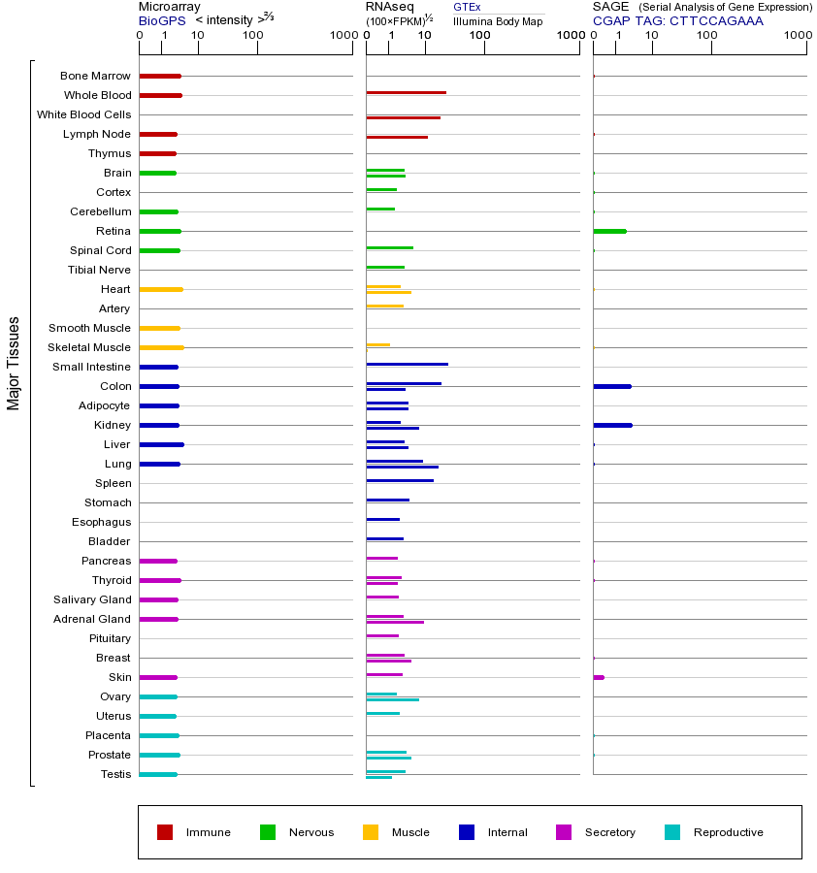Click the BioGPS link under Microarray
pos(162,20)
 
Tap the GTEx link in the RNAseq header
pos(467,7)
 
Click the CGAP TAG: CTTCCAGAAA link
pos(678,20)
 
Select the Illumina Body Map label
pos(498,21)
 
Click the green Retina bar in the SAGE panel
pos(609,231)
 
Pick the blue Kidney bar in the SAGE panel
pos(612,425)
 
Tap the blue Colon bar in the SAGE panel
pos(611,386)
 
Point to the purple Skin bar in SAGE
pos(599,677)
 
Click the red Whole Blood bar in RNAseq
pos(406,92)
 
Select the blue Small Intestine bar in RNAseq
pos(407,364)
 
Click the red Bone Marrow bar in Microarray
pos(160,76)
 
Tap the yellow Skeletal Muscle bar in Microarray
pos(161,347)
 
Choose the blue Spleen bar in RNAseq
pos(400,480)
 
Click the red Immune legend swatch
pos(165,832)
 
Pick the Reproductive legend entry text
pos(728,832)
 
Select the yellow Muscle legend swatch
pos(371,832)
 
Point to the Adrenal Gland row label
pos(92,619)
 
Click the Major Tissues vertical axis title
pos(14,363)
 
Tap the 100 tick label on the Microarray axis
pos(253,36)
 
